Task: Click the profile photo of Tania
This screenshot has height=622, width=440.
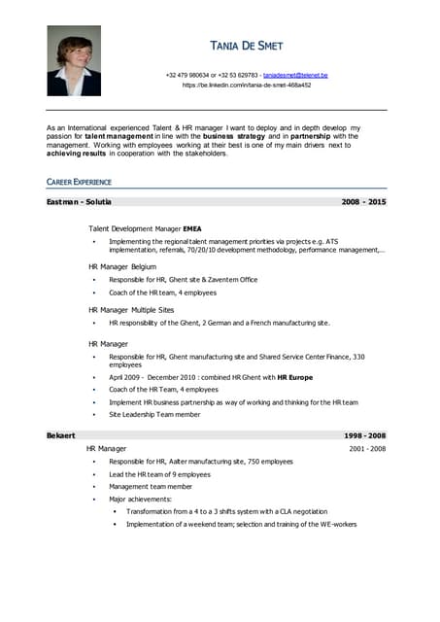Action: pos(74,60)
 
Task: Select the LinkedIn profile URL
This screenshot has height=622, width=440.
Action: pos(247,86)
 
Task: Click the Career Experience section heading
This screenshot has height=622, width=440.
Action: pos(79,182)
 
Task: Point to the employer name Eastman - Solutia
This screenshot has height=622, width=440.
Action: pos(79,202)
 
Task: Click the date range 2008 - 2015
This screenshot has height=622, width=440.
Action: pos(363,202)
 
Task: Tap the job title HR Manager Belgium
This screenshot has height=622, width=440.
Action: pos(122,266)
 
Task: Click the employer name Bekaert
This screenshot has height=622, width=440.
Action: pos(61,435)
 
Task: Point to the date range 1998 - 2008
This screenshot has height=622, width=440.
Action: pos(364,435)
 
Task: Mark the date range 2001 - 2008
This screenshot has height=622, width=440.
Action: pos(367,449)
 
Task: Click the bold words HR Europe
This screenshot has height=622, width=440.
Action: pos(295,376)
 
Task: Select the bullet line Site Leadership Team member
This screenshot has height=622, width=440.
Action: pos(154,414)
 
